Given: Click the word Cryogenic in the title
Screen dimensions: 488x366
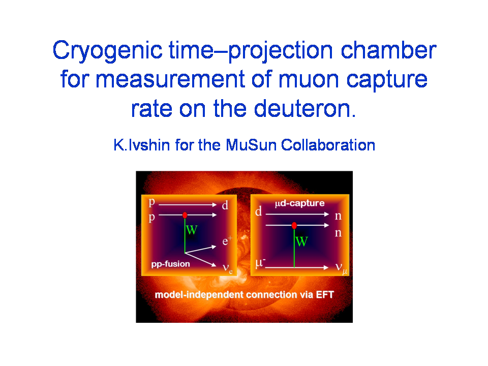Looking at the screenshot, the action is click(x=107, y=51).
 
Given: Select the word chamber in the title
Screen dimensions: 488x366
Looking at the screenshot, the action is click(x=388, y=50).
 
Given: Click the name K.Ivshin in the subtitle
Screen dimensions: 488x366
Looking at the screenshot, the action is click(x=142, y=145).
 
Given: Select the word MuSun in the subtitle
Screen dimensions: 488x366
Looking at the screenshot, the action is click(x=251, y=145).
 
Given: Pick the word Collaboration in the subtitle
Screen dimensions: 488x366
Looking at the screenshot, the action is click(x=328, y=145).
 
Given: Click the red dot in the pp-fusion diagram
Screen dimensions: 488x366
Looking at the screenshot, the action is click(x=185, y=215).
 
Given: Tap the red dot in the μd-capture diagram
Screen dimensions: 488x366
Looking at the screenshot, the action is click(x=294, y=225).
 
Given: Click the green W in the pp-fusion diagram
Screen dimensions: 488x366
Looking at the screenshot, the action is click(x=192, y=230).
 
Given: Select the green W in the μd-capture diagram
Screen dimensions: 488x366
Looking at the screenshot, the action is click(x=301, y=241).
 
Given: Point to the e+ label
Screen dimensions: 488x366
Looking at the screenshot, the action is click(x=227, y=241).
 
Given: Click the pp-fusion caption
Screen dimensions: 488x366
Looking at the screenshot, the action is click(x=171, y=264).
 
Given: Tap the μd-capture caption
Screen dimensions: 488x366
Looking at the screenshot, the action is click(x=300, y=203).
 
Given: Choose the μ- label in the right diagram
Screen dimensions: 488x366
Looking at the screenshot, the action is click(x=260, y=263).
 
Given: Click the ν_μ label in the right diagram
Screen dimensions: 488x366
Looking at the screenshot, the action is click(x=341, y=268).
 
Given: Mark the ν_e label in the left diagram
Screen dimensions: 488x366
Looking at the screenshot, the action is click(x=228, y=268).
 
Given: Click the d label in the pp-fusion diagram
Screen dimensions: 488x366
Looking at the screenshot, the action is click(x=225, y=205).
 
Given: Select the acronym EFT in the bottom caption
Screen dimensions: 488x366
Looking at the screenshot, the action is click(x=325, y=294).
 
